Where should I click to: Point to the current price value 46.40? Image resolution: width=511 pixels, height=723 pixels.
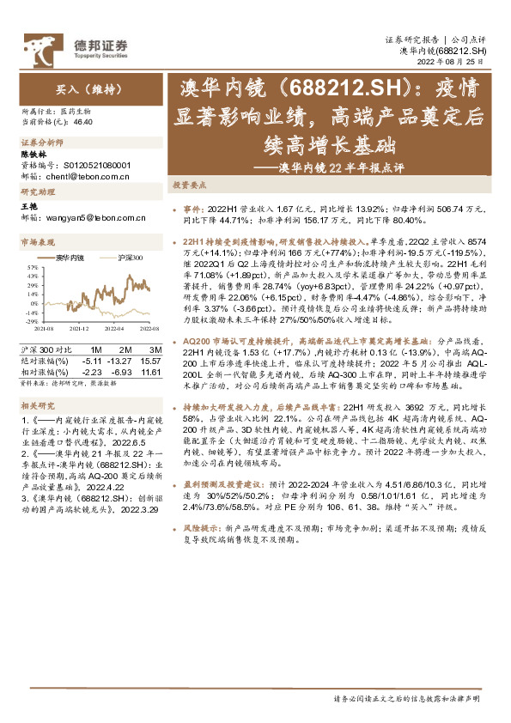tap(84, 123)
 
